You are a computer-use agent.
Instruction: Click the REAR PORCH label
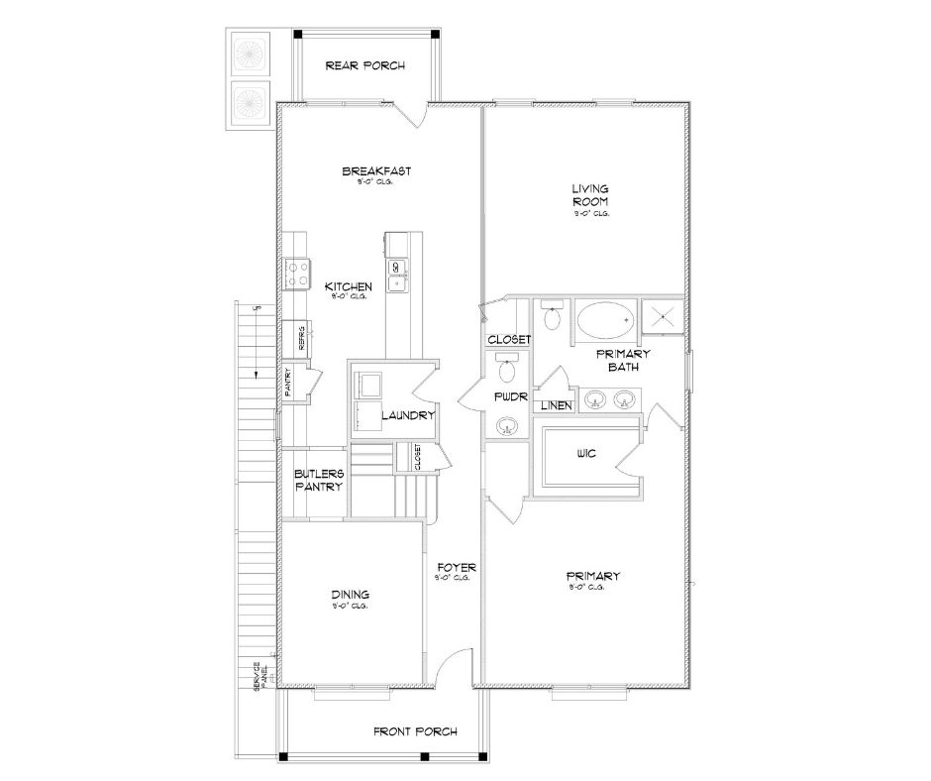[x=364, y=66]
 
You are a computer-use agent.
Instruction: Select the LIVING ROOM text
[x=589, y=194]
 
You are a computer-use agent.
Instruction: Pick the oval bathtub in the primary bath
[x=605, y=321]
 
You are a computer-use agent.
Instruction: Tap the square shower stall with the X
[x=663, y=317]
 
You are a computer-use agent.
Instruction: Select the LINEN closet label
[x=554, y=405]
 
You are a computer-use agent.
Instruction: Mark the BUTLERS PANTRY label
[x=318, y=481]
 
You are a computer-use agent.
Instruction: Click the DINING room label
[x=350, y=595]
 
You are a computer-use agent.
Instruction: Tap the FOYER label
[x=456, y=568]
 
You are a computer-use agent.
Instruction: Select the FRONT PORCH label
[x=415, y=732]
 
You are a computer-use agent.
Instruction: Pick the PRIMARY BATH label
[x=622, y=361]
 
